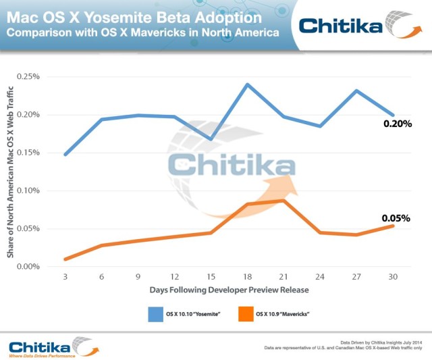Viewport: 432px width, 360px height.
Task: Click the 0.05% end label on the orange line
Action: point(396,218)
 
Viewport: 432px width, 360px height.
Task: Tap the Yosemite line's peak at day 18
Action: point(248,84)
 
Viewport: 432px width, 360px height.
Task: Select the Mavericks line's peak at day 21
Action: point(284,201)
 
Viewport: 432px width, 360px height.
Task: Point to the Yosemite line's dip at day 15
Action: point(211,140)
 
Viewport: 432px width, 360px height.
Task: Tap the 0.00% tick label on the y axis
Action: point(28,267)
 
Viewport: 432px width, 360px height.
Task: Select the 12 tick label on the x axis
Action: point(174,277)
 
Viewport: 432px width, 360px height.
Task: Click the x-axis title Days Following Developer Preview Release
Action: point(229,290)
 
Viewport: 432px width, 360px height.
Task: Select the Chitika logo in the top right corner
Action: point(358,25)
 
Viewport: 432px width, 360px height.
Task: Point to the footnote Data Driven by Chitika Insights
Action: point(381,342)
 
